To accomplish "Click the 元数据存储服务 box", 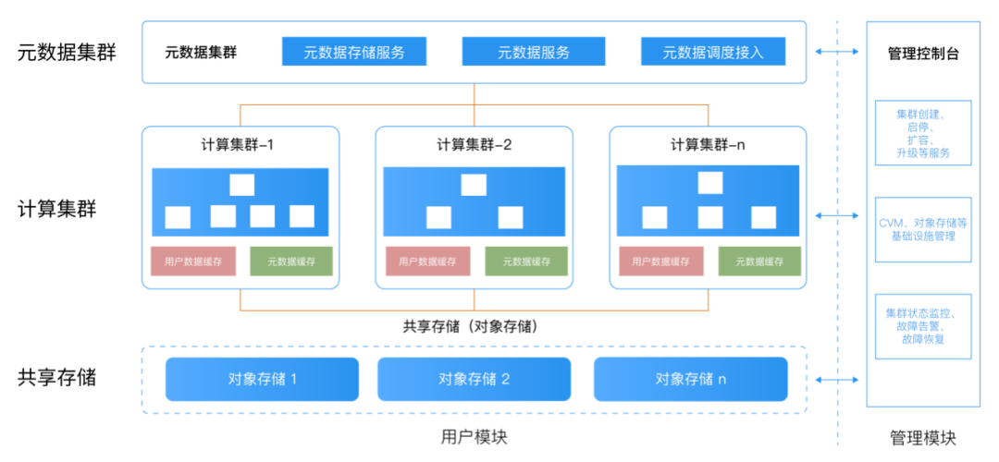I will click(x=354, y=52).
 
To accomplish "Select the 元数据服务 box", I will click(x=534, y=52).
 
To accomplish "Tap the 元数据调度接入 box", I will click(x=713, y=52).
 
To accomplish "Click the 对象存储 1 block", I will click(x=262, y=379).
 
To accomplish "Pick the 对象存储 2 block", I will click(x=474, y=379).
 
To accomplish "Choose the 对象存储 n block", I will click(x=691, y=379).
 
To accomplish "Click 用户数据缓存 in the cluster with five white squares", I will click(x=193, y=261).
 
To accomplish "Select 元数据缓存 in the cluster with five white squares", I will click(x=291, y=261).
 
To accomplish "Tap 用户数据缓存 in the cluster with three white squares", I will click(x=427, y=261).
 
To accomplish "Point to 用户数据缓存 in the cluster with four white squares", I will click(x=660, y=261).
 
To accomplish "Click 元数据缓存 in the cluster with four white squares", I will click(x=759, y=261).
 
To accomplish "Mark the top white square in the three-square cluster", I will click(x=474, y=185).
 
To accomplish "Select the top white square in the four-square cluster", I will click(x=710, y=182).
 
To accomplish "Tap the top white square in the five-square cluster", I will click(x=241, y=185).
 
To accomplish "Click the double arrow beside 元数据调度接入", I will click(x=836, y=52).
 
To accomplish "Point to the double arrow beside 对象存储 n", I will click(x=836, y=380).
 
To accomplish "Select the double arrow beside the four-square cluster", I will click(x=836, y=215).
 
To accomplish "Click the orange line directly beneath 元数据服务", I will click(x=474, y=94).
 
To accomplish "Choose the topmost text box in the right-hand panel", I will click(x=923, y=132).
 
